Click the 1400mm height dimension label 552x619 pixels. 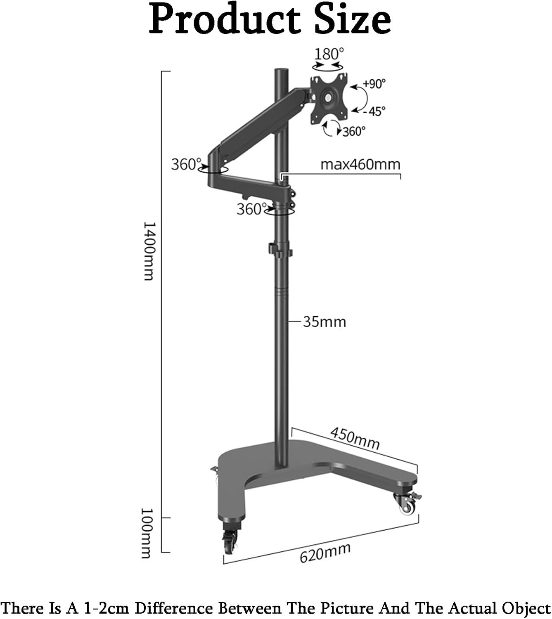click(x=148, y=251)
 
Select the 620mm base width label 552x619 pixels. click(x=325, y=553)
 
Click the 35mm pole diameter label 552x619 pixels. click(x=325, y=322)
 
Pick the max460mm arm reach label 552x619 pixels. click(x=360, y=165)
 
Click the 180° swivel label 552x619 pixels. click(x=329, y=54)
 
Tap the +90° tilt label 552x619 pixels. click(x=374, y=84)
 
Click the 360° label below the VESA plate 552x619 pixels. click(x=354, y=131)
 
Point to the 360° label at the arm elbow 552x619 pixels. click(x=186, y=164)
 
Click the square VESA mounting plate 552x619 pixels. click(x=328, y=98)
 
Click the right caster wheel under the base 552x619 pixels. click(x=407, y=504)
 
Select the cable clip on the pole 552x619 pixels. click(x=280, y=250)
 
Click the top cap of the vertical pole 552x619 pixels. click(x=281, y=71)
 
